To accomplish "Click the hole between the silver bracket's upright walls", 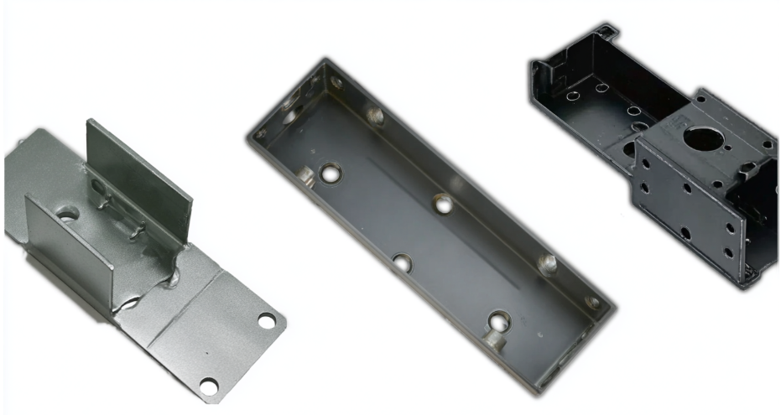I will point(68,215).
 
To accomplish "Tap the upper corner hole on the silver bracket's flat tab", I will point(267,320).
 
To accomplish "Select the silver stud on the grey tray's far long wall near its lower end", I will point(547,265).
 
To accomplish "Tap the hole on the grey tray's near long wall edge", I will point(403,263).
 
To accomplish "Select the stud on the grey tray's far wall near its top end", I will point(375,115).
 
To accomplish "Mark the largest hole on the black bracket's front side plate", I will point(685,233).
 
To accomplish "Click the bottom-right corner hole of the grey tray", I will point(593,302).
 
